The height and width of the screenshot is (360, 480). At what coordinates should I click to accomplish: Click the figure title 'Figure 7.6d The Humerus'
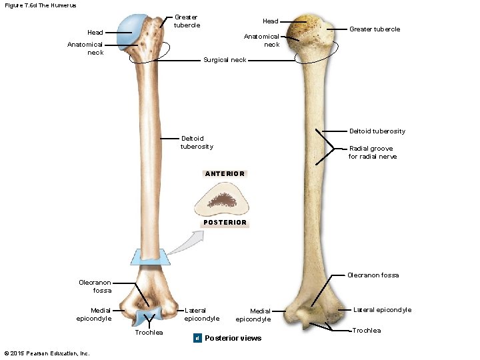click(41, 5)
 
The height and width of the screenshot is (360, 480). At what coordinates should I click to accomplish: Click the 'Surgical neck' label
click(225, 60)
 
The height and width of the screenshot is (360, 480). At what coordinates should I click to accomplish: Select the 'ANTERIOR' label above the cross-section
click(225, 173)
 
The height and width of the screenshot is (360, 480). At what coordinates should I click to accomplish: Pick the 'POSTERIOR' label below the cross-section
click(225, 223)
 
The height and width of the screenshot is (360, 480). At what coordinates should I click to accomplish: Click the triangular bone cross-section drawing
click(226, 198)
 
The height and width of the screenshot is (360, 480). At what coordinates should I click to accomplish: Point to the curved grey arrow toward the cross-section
click(184, 243)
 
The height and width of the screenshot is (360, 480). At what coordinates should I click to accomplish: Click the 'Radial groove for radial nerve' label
click(371, 153)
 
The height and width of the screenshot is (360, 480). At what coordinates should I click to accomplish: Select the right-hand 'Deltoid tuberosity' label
click(377, 131)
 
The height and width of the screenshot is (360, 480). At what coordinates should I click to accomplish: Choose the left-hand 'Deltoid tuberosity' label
click(197, 143)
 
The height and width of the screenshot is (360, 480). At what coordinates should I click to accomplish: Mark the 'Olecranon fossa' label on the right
click(373, 275)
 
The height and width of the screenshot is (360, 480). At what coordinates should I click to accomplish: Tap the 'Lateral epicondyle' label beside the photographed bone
click(382, 309)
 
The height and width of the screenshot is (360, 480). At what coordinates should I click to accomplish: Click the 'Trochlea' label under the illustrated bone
click(149, 333)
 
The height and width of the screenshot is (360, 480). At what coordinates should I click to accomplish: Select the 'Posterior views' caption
click(233, 338)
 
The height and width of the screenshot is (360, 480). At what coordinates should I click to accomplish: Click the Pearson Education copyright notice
click(46, 353)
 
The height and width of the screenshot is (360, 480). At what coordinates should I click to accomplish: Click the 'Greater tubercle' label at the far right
click(375, 29)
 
